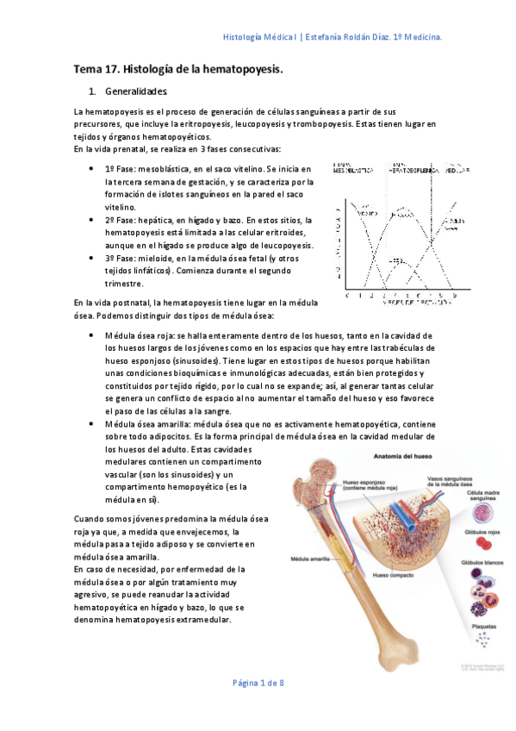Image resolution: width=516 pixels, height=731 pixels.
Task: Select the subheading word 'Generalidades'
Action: click(136, 91)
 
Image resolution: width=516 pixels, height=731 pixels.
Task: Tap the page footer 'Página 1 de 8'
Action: click(259, 683)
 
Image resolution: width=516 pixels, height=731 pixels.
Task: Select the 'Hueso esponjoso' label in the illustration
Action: click(369, 485)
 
